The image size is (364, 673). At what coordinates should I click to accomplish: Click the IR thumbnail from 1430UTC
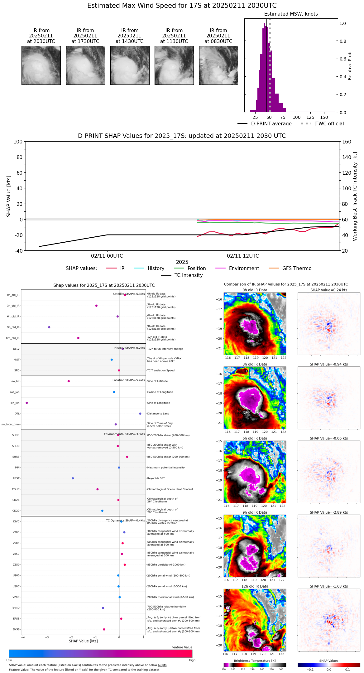[x=130, y=65]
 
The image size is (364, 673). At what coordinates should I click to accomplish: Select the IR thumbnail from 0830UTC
[x=218, y=65]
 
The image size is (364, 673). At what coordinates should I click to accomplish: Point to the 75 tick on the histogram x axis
[x=283, y=118]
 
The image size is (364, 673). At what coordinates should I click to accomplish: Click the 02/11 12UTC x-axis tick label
[x=243, y=256]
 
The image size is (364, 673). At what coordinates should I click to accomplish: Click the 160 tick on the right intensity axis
[x=347, y=142]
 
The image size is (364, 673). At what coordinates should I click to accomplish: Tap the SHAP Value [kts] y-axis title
[x=9, y=196]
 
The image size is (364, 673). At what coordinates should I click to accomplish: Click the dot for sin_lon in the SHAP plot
[x=26, y=403]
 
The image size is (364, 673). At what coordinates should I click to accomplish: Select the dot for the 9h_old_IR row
[x=49, y=327]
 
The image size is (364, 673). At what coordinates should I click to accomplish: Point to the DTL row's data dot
[x=140, y=414]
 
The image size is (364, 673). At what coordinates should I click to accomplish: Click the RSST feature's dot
[x=73, y=478]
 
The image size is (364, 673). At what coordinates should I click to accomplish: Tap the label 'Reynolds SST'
[x=156, y=478]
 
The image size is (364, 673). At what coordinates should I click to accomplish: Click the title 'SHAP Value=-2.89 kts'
[x=329, y=512]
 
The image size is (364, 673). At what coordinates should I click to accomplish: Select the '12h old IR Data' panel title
[x=255, y=586]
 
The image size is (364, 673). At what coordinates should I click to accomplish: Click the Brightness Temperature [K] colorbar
[x=255, y=665]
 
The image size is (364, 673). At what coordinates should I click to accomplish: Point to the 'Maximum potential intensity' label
[x=166, y=467]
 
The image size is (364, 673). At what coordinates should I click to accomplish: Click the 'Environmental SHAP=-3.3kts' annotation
[x=124, y=434]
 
